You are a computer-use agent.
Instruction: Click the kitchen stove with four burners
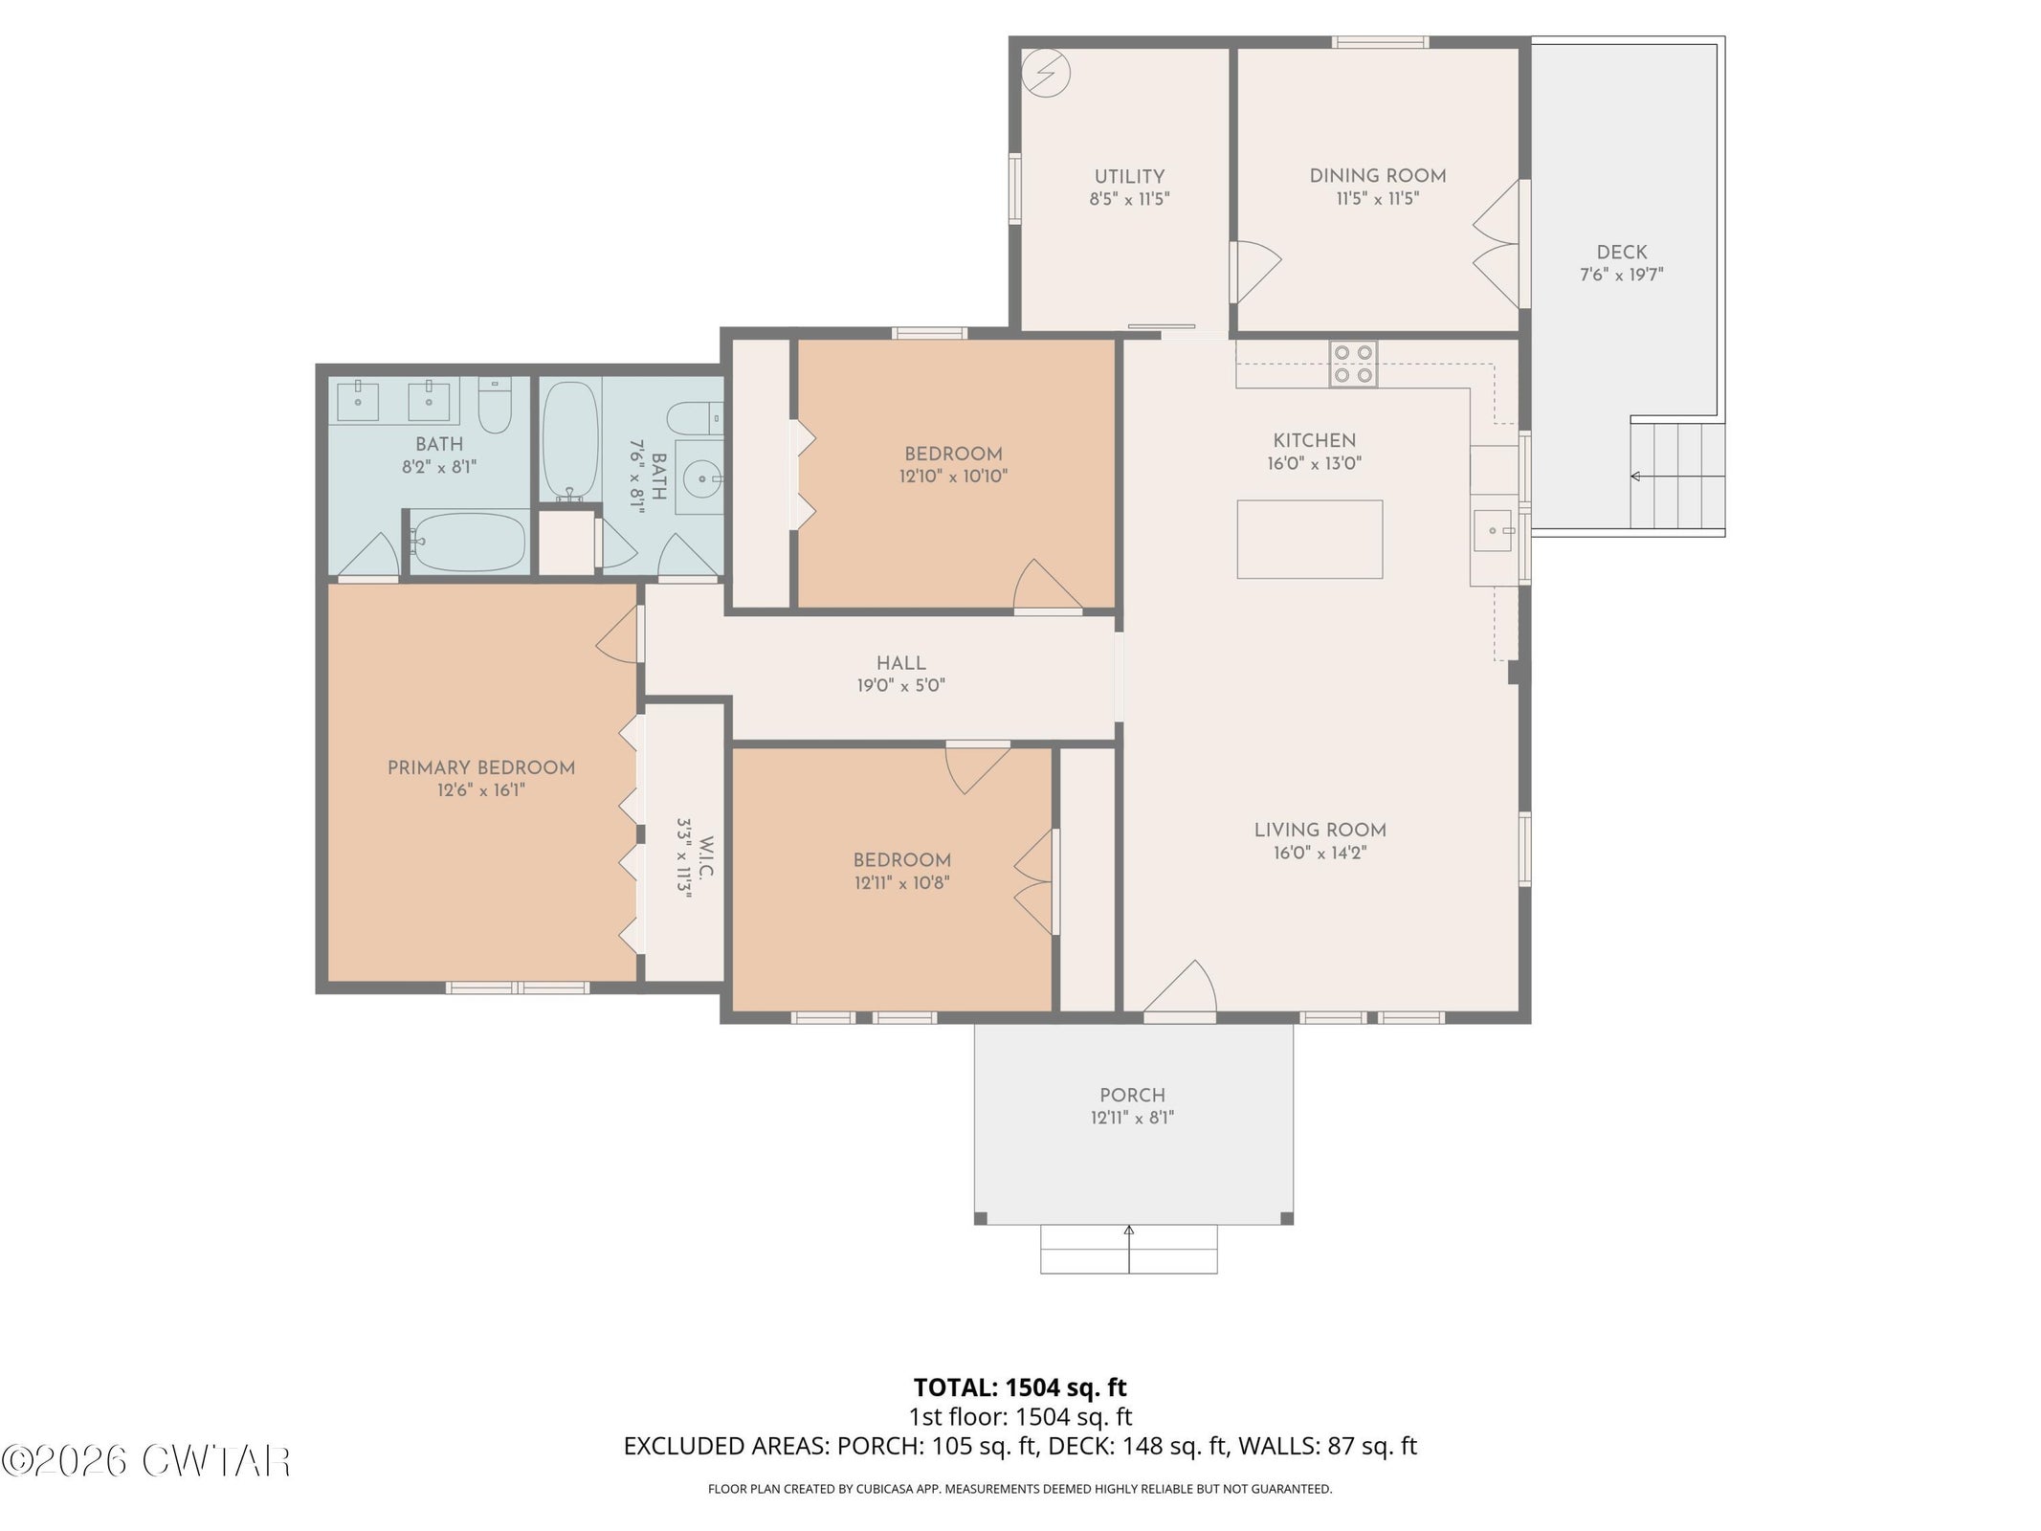1353,365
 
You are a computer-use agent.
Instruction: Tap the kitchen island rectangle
1309,539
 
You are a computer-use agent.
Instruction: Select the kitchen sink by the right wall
1494,531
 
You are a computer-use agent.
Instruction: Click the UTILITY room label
1129,177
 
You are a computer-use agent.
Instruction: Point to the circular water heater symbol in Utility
1046,73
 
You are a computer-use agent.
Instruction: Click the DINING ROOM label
1377,176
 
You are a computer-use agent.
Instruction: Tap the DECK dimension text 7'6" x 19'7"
1621,275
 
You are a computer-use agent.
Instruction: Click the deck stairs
1677,476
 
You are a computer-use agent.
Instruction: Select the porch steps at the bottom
1129,1249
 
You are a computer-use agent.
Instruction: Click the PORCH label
1132,1095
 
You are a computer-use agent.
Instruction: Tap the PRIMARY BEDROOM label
481,767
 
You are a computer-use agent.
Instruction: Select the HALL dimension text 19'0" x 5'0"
900,685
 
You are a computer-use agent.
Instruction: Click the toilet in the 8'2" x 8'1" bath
495,404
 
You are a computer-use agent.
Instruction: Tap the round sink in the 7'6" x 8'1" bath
704,477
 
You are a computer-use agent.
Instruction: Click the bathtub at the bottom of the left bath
468,543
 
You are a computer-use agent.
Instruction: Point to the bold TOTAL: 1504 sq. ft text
1020,1387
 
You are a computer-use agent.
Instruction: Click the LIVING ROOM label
1320,831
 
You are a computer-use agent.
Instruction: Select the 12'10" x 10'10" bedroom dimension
953,477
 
